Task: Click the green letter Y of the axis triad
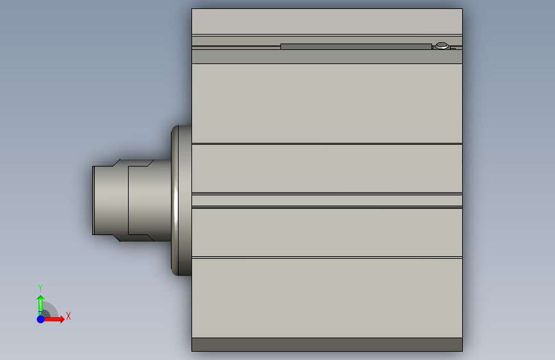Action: click(x=40, y=288)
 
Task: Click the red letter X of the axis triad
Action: click(x=68, y=316)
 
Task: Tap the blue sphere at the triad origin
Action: click(x=41, y=319)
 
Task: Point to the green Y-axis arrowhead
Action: click(x=41, y=299)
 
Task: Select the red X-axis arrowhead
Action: click(x=61, y=319)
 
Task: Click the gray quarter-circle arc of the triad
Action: click(x=53, y=307)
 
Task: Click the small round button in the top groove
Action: click(x=442, y=45)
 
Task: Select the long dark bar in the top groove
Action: click(x=356, y=46)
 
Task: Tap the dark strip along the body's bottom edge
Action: click(x=327, y=345)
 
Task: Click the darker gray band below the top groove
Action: click(x=327, y=57)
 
